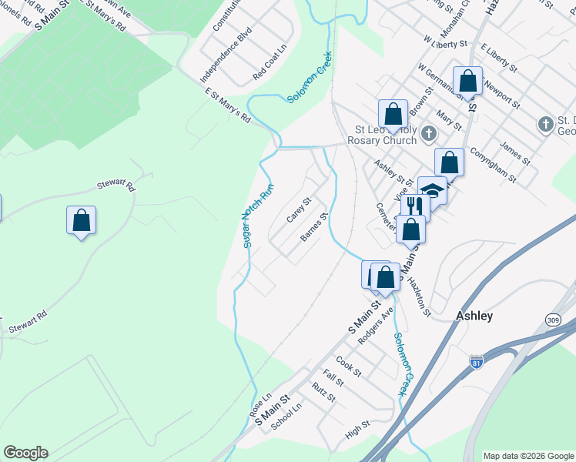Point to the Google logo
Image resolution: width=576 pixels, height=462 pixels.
(25, 453)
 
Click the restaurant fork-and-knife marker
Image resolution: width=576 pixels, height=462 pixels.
(414, 205)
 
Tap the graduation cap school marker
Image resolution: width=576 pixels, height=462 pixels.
(433, 191)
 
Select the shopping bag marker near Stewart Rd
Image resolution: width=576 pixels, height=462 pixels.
(81, 220)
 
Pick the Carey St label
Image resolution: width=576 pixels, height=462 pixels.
(298, 209)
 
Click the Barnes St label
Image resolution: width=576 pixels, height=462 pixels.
(314, 227)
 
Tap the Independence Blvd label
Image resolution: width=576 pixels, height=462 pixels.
(220, 60)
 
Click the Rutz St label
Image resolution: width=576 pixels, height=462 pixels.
(323, 392)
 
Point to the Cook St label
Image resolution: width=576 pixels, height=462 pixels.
(349, 366)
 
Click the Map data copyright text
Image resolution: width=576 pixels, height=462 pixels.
(528, 455)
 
